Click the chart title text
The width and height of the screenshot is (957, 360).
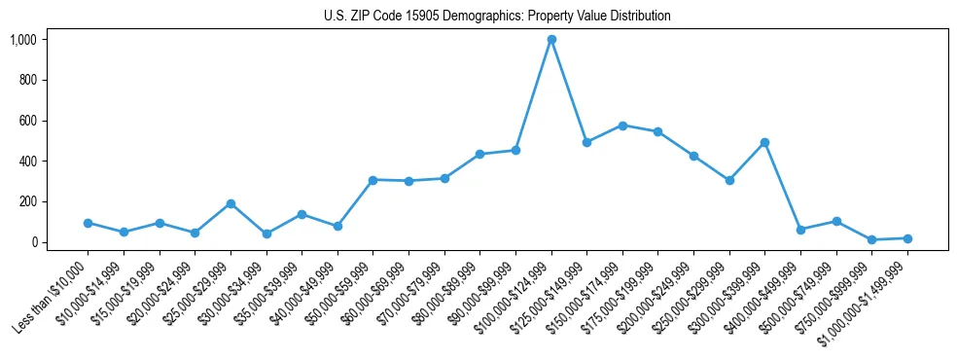coord(497,16)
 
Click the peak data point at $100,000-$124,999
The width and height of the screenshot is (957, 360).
coord(551,40)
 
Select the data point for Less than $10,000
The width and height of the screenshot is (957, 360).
coord(88,223)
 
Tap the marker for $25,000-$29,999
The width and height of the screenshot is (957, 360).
coord(230,203)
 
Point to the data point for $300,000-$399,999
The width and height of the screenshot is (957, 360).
coord(765,142)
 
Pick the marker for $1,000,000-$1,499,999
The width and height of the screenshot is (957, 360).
coord(907,238)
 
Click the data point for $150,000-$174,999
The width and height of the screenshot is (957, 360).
coord(622,126)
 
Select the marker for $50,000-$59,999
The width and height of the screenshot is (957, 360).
coord(372,180)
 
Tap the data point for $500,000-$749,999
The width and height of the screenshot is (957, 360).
coord(836,221)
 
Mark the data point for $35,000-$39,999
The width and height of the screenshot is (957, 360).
coord(301,214)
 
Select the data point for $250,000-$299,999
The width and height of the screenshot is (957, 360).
coord(729,180)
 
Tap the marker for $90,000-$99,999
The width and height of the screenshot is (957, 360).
coord(515,150)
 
